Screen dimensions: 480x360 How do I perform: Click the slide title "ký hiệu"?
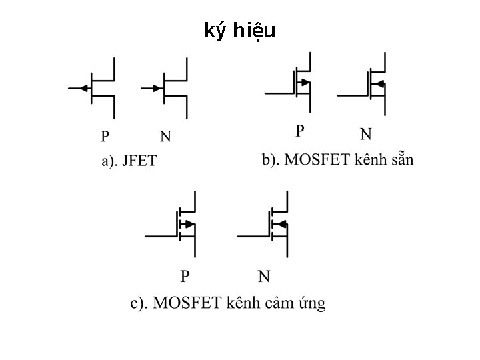239,31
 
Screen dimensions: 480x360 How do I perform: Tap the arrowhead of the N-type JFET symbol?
157,88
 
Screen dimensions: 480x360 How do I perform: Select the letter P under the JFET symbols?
105,137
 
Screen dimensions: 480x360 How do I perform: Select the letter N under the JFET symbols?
165,137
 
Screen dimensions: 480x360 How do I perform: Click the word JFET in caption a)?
139,161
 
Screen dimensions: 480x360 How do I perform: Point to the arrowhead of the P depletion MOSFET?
305,83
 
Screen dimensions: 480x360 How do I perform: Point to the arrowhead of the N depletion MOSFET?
378,83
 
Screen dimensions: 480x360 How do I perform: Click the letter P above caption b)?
300,130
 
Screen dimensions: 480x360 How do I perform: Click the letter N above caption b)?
366,134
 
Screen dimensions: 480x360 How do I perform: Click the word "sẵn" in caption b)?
400,160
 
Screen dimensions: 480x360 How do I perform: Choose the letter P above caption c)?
185,276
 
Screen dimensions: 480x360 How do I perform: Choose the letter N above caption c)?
264,276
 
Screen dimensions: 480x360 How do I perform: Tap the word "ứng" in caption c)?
311,304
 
